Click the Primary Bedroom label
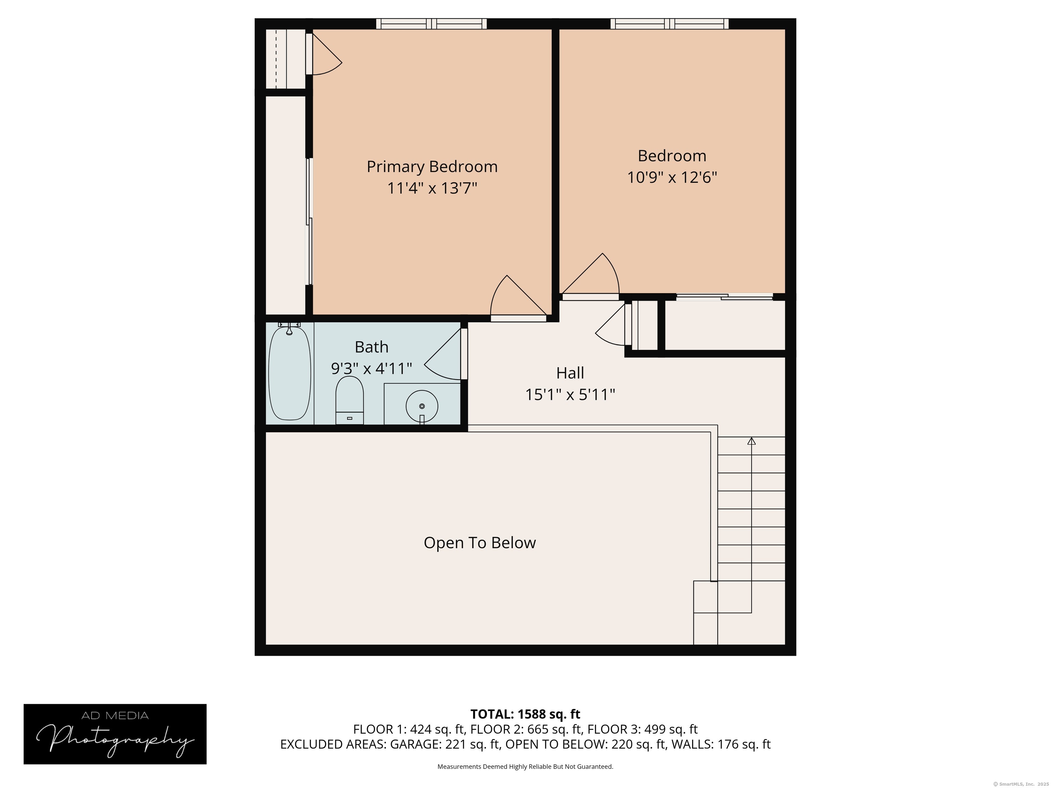(x=432, y=167)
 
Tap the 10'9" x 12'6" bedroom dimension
(x=672, y=177)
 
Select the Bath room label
(x=372, y=347)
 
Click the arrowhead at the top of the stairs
(x=751, y=441)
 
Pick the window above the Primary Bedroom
(x=431, y=24)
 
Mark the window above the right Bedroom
(x=670, y=24)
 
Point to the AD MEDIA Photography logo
(x=115, y=734)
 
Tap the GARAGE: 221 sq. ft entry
(x=445, y=744)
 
